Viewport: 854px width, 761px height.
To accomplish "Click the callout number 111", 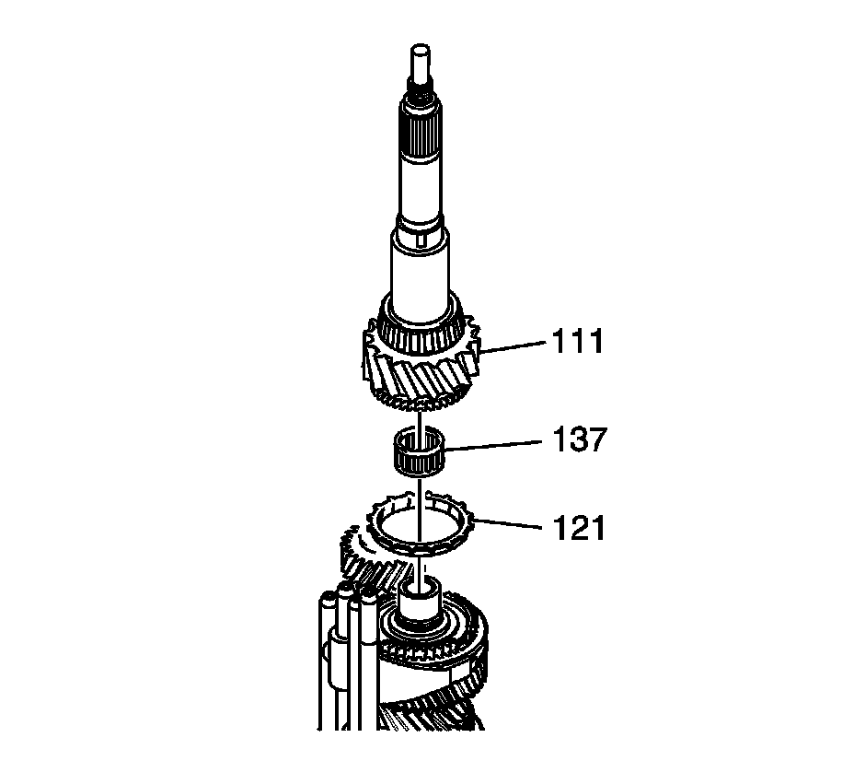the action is [578, 342].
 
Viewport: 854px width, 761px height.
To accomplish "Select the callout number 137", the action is [579, 439].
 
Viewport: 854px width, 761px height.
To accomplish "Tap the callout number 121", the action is [579, 528].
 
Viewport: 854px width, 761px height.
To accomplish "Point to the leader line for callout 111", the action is [513, 347].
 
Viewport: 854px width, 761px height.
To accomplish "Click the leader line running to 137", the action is [494, 445].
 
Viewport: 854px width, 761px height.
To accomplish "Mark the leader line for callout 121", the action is [508, 524].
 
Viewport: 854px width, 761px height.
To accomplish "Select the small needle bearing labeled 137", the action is [419, 451].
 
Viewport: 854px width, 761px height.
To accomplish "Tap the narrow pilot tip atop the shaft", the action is [420, 62].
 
